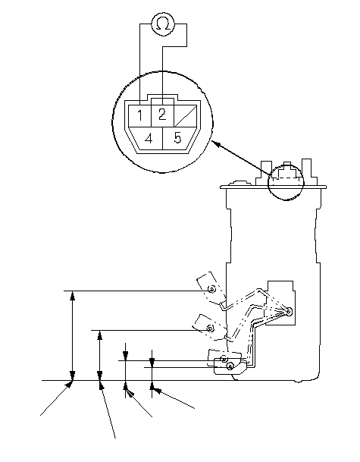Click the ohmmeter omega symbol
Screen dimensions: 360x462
pyautogui.click(x=163, y=24)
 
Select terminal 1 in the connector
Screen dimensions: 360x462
pyautogui.click(x=139, y=115)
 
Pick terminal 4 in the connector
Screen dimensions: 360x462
pyautogui.click(x=149, y=139)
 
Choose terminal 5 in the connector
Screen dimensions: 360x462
pyautogui.click(x=177, y=138)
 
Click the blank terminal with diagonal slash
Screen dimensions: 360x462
pyautogui.click(x=186, y=116)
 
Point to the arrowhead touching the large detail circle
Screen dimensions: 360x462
pyautogui.click(x=216, y=144)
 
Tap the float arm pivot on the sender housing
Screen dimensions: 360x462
pyautogui.click(x=289, y=311)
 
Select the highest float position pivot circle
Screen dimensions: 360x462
pyautogui.click(x=211, y=289)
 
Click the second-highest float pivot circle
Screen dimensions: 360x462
pyautogui.click(x=210, y=328)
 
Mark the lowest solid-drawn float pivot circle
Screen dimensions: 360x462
pyautogui.click(x=230, y=366)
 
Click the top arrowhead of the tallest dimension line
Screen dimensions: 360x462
pyautogui.click(x=73, y=295)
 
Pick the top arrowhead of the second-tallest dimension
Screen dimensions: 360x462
pyautogui.click(x=100, y=335)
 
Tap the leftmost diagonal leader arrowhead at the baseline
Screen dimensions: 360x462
pyautogui.click(x=68, y=384)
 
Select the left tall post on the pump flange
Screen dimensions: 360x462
pyautogui.click(x=266, y=173)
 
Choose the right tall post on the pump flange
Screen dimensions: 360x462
pyautogui.click(x=306, y=172)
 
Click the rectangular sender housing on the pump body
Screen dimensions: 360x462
pyautogui.click(x=280, y=303)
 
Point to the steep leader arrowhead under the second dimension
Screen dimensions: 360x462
pyautogui.click(x=102, y=385)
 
